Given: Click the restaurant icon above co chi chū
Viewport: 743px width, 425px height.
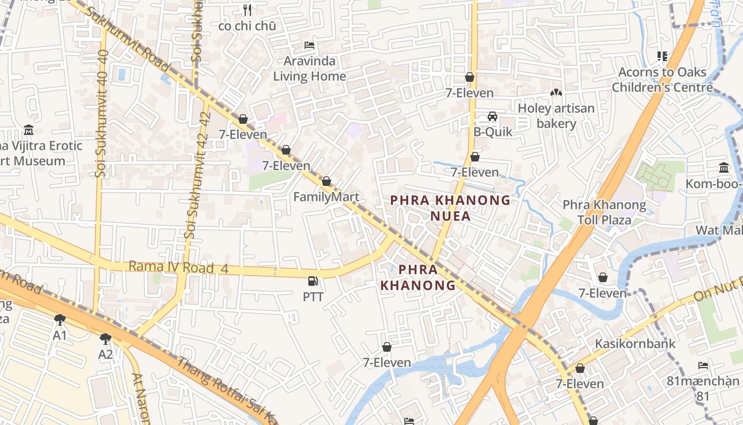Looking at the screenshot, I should [247, 10].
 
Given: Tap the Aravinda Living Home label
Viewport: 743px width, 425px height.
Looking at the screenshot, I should [309, 69].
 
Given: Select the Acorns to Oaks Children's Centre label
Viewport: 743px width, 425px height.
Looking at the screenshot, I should [662, 80].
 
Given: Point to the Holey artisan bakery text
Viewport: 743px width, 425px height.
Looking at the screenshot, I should [556, 116].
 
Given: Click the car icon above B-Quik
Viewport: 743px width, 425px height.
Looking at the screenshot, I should [493, 116].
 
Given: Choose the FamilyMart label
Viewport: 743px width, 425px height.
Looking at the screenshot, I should [326, 197].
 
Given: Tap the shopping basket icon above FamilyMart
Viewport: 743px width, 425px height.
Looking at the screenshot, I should [326, 182].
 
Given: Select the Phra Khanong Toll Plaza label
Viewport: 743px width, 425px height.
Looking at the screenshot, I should [604, 212].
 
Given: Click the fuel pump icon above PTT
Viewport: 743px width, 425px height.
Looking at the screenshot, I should [313, 281].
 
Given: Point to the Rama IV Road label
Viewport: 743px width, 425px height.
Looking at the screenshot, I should [178, 267].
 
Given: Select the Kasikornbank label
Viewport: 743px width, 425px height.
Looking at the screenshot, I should [635, 344].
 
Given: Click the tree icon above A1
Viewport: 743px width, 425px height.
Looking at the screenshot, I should [60, 320].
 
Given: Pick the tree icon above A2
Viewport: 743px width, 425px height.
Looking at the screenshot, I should [106, 338].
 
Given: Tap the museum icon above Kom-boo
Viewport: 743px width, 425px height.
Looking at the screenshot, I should [724, 168].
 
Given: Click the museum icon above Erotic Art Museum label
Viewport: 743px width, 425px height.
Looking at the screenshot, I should [29, 130].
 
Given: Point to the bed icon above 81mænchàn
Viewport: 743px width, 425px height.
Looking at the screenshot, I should [703, 365].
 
